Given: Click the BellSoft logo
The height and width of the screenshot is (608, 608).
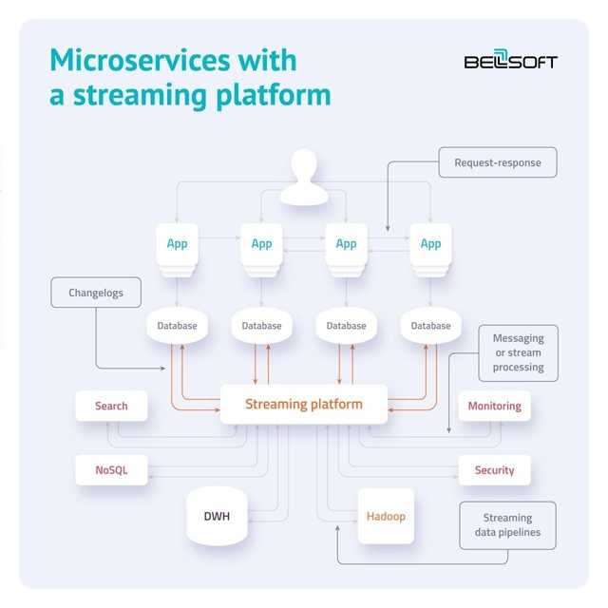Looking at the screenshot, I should [510, 61].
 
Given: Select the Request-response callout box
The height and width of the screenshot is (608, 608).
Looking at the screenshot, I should [497, 162].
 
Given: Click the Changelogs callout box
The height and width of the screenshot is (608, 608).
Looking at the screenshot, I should [96, 294].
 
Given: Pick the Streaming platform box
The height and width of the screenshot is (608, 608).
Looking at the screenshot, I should [304, 404].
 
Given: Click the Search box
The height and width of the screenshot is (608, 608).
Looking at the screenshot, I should [111, 406].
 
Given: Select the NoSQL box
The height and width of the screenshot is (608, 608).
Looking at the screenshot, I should [111, 469].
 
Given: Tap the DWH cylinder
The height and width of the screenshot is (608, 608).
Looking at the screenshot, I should [217, 517].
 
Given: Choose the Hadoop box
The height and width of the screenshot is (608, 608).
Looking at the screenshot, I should [386, 517].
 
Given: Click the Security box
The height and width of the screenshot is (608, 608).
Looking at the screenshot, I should [494, 469].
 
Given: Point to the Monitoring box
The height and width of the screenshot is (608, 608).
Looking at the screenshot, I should [494, 406].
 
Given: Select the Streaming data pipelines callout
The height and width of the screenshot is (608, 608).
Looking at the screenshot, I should [507, 525].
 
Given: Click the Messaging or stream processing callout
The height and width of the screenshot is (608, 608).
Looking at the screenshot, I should [518, 352].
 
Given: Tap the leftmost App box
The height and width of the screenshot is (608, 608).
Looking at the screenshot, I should [177, 244].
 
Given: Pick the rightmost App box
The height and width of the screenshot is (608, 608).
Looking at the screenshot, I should [430, 244].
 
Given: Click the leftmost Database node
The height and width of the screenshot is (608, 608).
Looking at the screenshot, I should [177, 326].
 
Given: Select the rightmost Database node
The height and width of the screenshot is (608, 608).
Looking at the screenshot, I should [430, 326].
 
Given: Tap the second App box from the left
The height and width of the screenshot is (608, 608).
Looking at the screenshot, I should [261, 244].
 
